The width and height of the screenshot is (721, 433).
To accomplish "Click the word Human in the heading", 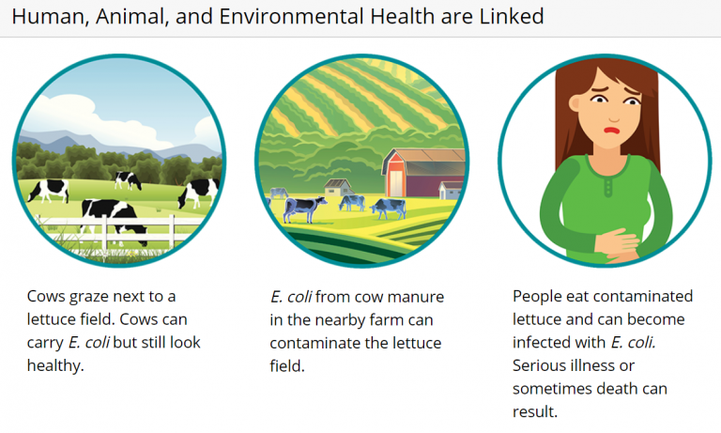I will tap(42, 17).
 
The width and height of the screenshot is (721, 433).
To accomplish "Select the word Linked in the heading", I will tap(511, 17).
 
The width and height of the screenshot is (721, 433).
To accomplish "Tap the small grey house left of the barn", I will tap(337, 188).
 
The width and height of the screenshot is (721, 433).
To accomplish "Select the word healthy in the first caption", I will tap(55, 365).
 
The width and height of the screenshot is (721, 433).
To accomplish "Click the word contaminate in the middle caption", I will tap(314, 343).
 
